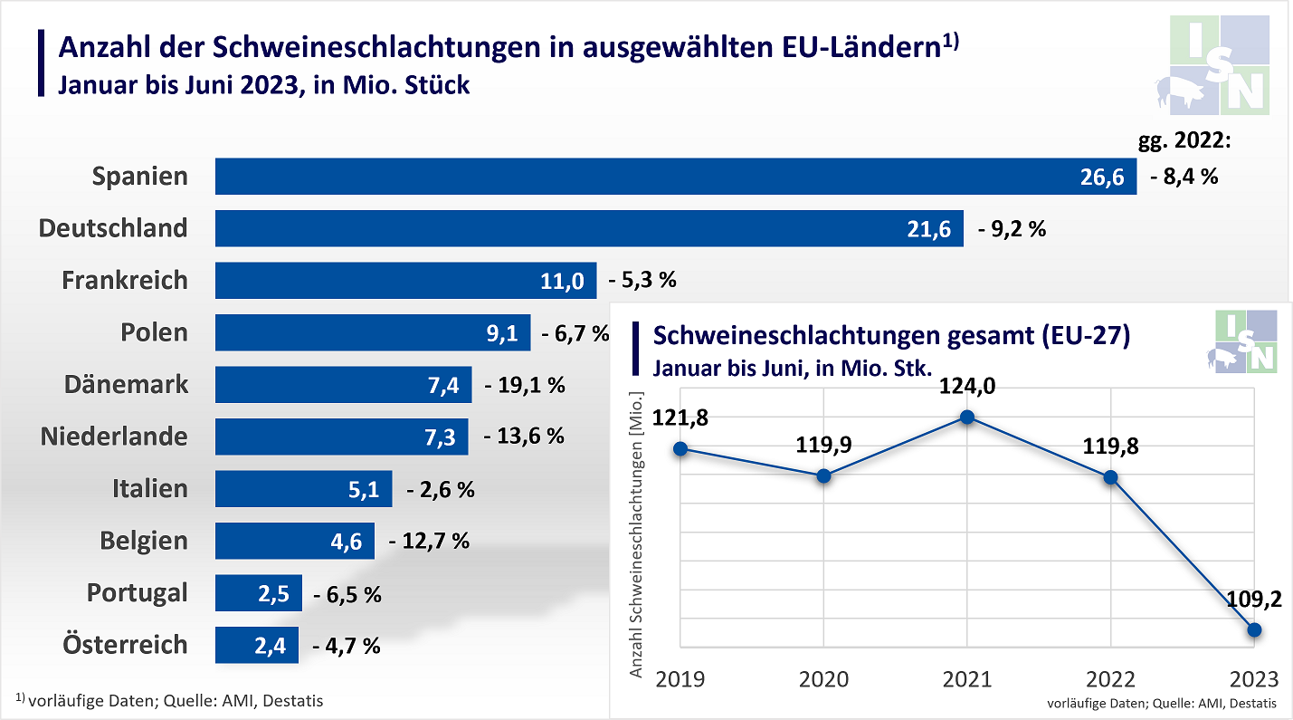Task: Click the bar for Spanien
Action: click(675, 177)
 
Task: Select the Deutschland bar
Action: click(588, 229)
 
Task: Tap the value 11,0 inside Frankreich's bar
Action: click(562, 281)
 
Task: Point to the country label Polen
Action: click(155, 332)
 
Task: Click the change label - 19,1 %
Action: click(525, 385)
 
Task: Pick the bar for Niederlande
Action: click(341, 437)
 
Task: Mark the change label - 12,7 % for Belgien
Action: click(429, 542)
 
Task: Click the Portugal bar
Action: click(258, 593)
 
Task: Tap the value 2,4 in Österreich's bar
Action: click(271, 646)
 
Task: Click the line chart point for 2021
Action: click(967, 418)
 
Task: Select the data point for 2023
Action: click(1254, 629)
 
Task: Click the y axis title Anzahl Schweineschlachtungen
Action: click(636, 534)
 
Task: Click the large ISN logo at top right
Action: click(1220, 65)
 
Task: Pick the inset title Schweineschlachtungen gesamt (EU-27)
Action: click(891, 336)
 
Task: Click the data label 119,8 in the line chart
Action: click(1110, 446)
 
